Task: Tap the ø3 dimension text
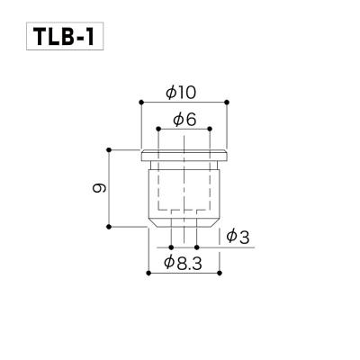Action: click(238, 236)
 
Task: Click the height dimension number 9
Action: click(99, 187)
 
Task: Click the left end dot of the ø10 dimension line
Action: click(140, 101)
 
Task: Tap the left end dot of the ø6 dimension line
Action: click(158, 129)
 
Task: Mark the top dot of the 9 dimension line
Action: click(110, 148)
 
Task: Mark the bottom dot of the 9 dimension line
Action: click(110, 228)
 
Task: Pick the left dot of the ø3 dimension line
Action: click(170, 245)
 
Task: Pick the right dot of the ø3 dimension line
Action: click(195, 245)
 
